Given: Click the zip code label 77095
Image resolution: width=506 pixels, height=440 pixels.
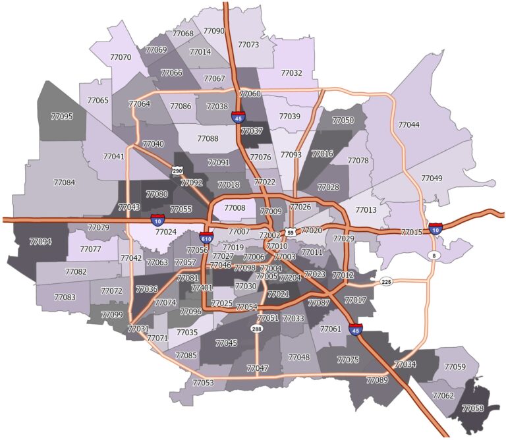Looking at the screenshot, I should click(62, 116).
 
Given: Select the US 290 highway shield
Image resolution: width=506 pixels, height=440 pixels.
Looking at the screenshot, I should click(177, 171).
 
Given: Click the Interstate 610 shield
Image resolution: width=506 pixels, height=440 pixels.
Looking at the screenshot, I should click(206, 237).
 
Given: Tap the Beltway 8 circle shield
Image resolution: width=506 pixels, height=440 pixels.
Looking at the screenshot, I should click(433, 255).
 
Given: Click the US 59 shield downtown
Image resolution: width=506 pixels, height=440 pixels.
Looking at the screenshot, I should click(291, 233).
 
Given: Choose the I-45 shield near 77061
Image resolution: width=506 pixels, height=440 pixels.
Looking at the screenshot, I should click(356, 328).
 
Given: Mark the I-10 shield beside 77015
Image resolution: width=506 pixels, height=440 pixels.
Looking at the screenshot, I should click(436, 228).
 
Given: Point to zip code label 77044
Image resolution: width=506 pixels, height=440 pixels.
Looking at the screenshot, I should click(408, 124).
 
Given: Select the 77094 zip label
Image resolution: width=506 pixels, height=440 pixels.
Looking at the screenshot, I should click(40, 242).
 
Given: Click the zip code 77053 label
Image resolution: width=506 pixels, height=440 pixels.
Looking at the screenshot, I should click(203, 383).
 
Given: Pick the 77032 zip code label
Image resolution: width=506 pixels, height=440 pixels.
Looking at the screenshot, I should click(291, 73).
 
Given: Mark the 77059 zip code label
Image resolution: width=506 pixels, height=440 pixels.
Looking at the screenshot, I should click(455, 367).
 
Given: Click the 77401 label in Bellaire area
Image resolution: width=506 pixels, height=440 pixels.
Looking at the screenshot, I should click(202, 288).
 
